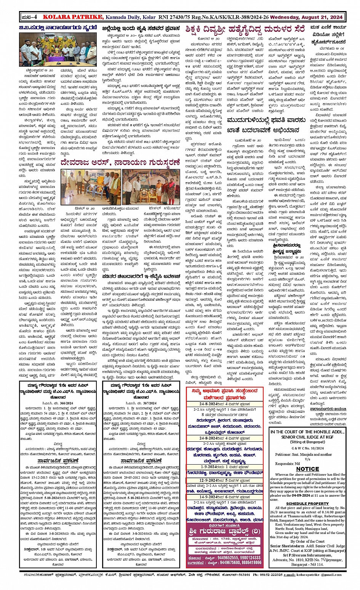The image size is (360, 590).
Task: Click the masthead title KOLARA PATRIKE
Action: click(x=72, y=17)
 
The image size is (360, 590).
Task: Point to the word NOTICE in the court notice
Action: click(x=307, y=469)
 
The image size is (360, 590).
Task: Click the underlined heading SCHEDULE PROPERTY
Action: click(x=307, y=503)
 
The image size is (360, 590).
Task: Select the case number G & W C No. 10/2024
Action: click(x=307, y=448)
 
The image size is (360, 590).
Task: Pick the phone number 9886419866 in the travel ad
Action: click(x=251, y=562)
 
